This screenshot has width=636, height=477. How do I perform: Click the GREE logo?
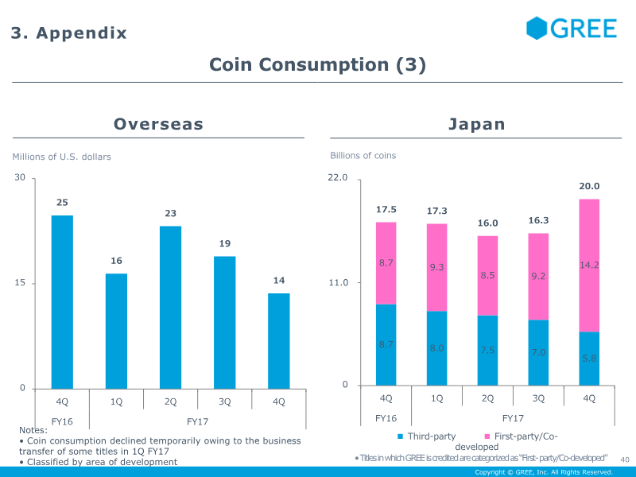(x=571, y=29)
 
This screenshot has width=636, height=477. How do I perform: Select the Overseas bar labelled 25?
(x=62, y=302)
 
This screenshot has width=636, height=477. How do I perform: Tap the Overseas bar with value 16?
(x=116, y=331)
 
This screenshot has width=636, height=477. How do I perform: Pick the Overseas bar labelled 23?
(x=170, y=307)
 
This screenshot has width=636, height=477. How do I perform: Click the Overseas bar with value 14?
(x=278, y=340)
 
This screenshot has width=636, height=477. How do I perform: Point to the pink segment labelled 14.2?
(x=589, y=266)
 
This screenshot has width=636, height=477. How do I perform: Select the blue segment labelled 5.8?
(x=589, y=359)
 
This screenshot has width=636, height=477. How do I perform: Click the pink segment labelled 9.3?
(x=436, y=267)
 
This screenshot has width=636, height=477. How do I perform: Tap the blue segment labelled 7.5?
(x=487, y=351)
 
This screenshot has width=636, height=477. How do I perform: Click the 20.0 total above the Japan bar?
(x=589, y=186)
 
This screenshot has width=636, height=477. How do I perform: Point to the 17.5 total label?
(x=386, y=209)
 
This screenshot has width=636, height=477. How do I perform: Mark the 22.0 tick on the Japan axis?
(x=339, y=177)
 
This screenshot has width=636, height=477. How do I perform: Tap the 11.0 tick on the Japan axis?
(x=339, y=282)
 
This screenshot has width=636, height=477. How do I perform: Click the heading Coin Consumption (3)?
(x=317, y=65)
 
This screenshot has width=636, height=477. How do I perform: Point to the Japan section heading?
(x=476, y=124)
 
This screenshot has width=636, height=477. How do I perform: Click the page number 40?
(x=624, y=459)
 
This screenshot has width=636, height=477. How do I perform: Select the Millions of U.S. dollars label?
(x=61, y=157)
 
